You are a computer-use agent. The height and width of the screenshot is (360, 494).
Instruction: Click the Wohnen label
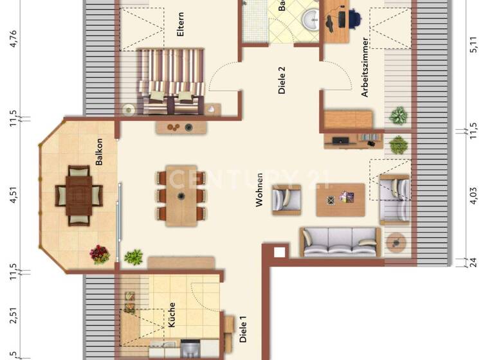pos(260,190)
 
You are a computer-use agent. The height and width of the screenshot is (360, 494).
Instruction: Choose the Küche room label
pos(172,315)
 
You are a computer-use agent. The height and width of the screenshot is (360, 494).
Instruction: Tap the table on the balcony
pos(80,195)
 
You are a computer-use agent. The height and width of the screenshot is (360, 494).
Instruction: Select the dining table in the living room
pos(181,195)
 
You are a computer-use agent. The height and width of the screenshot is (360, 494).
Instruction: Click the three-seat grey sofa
pos(340,241)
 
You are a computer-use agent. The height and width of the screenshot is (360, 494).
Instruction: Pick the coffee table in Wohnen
pos(340,199)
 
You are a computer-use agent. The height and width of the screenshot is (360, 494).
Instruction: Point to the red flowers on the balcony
pos(100,254)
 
